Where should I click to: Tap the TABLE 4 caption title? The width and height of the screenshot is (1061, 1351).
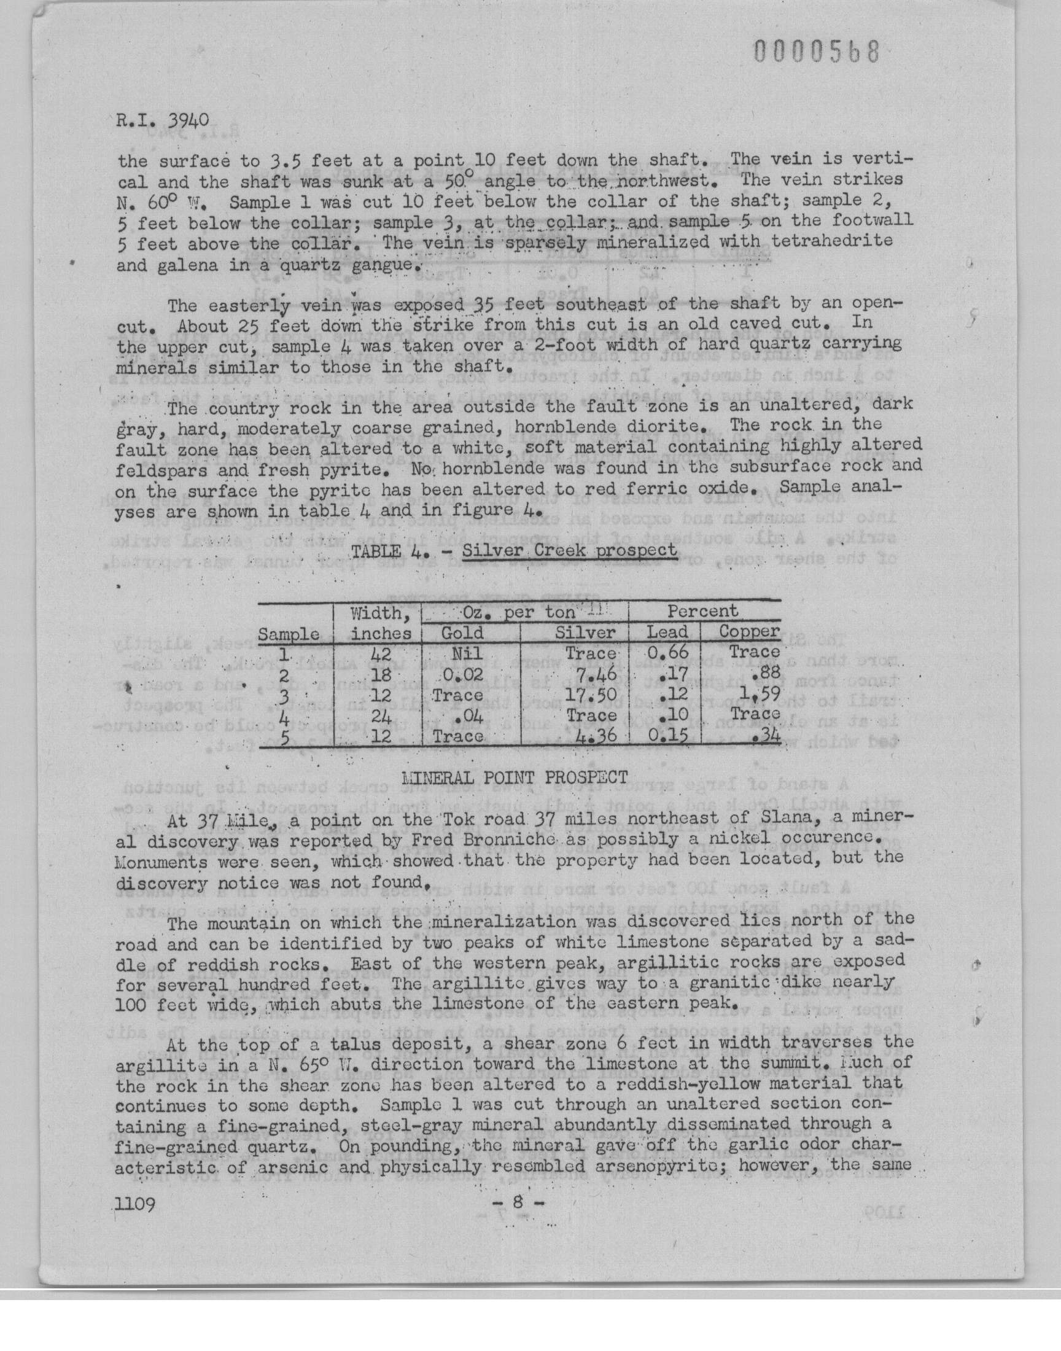point(515,551)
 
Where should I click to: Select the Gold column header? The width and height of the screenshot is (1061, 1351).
point(462,633)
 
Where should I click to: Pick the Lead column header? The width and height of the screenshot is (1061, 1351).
point(667,633)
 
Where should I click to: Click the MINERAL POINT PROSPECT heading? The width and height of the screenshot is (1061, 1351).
point(515,777)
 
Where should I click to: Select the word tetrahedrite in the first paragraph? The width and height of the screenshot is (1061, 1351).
point(831,241)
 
